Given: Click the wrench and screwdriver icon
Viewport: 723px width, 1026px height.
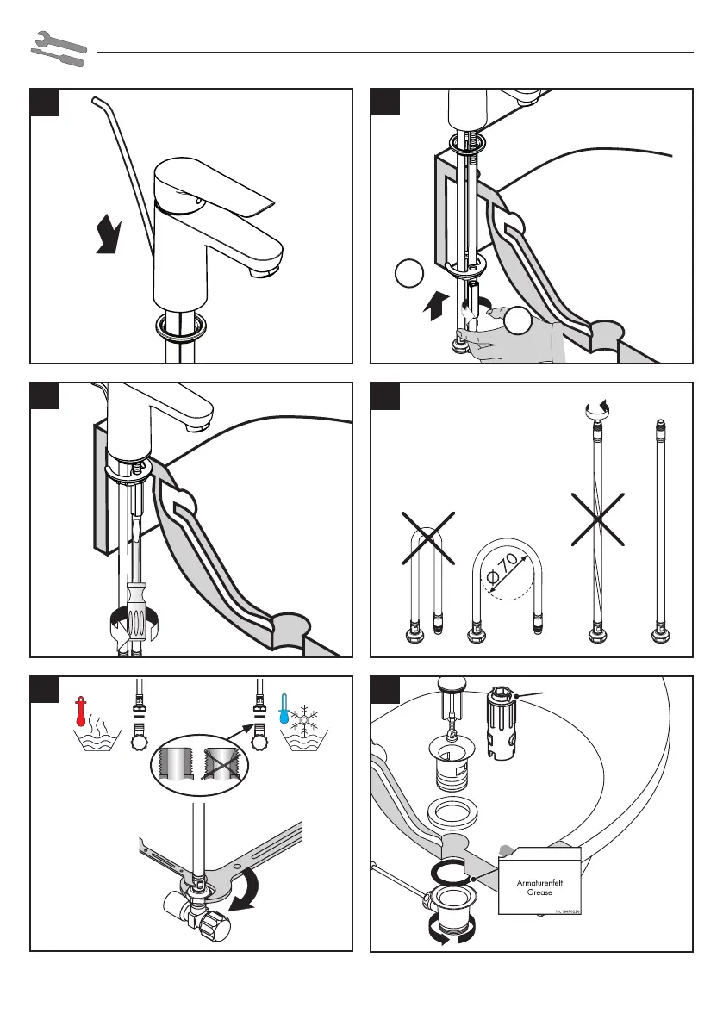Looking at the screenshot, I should tap(59, 50).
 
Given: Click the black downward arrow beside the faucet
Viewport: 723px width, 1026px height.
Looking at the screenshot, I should tap(109, 236).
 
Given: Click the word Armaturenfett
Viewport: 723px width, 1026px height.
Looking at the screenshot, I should tap(539, 884).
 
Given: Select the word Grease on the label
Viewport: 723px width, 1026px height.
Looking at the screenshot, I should tap(539, 894).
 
